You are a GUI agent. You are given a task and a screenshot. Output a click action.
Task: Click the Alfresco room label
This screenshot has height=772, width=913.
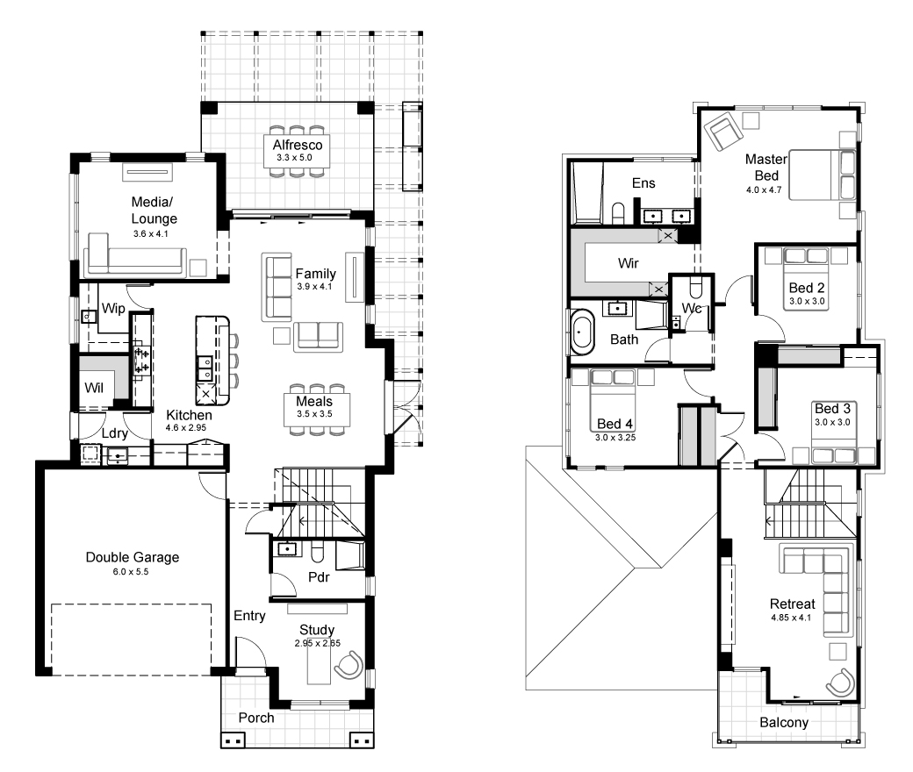point(298,145)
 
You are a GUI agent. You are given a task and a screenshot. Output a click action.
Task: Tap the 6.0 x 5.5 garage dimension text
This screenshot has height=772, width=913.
point(131,572)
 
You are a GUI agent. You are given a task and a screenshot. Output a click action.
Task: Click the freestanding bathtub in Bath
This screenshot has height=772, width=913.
point(582,332)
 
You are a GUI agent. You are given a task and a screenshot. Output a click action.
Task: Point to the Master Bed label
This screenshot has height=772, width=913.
point(766,167)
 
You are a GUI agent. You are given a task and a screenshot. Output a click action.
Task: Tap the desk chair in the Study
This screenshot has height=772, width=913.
point(349,666)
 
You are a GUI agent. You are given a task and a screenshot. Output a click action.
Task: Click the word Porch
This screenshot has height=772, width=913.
point(256,718)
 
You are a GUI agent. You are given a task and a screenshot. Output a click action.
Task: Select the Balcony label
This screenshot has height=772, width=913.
point(784,723)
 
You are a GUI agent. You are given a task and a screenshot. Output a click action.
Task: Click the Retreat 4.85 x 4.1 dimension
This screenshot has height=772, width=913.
point(791,618)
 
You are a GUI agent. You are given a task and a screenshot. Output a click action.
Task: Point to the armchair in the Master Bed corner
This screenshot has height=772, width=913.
point(722,131)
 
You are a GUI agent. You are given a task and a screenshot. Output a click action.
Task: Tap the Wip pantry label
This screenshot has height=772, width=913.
point(113,308)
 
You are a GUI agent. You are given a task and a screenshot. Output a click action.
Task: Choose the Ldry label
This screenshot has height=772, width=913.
point(114,433)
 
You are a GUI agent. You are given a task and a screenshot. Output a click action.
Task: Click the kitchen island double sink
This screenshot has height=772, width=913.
point(205,367)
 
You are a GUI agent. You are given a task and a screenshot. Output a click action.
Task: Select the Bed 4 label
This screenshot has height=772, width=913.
point(615,424)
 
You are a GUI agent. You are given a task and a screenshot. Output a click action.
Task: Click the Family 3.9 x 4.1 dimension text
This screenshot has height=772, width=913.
point(314,287)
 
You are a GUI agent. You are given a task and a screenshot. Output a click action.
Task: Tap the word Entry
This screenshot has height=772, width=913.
point(249,616)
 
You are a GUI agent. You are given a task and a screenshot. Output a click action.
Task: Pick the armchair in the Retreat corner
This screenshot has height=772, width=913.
point(840,683)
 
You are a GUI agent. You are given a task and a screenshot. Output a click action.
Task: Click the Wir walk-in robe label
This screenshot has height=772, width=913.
point(629,263)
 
